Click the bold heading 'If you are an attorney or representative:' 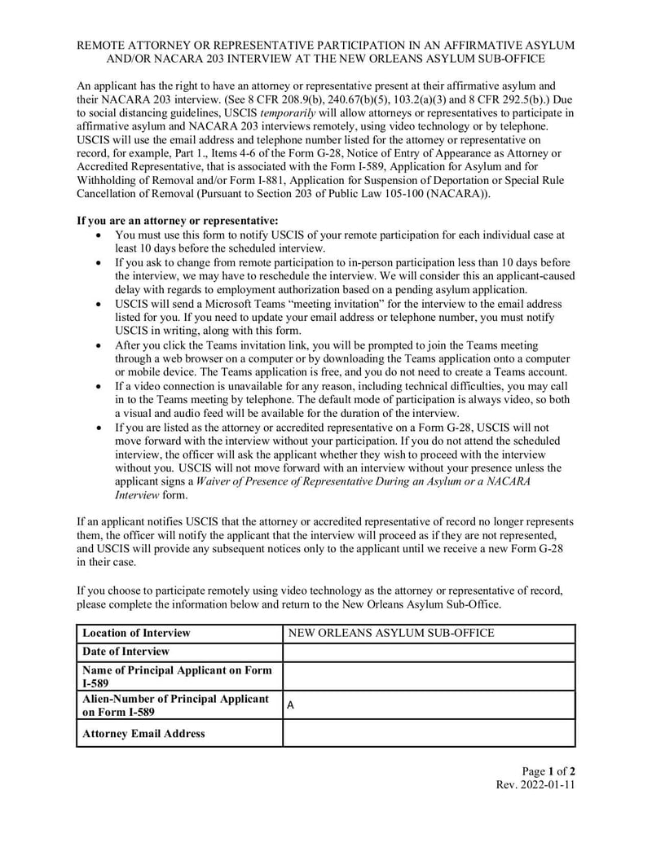(x=178, y=221)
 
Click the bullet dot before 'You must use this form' (x=99, y=235)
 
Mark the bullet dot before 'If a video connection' (x=99, y=386)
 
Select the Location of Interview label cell (x=178, y=633)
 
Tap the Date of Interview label (x=126, y=652)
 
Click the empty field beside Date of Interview (x=428, y=652)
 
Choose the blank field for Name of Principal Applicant (x=428, y=676)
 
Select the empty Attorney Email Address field (x=428, y=733)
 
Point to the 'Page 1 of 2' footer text (x=548, y=771)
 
